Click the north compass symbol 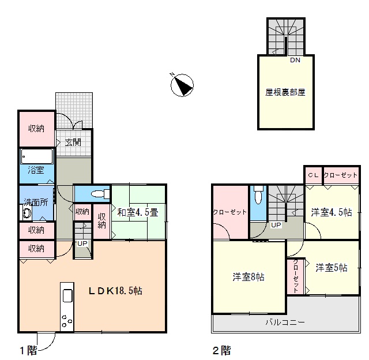click(x=182, y=85)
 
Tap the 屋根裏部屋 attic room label click(x=285, y=92)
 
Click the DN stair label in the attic click(x=295, y=60)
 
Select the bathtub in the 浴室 click(x=36, y=156)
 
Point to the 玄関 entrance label click(x=73, y=142)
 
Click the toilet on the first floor click(x=100, y=194)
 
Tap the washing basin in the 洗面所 click(x=27, y=213)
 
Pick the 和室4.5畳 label click(x=138, y=212)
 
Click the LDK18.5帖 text click(x=115, y=291)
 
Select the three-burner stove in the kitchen click(x=67, y=321)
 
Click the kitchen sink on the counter click(x=67, y=295)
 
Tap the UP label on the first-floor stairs click(x=82, y=243)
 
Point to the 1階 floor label click(x=28, y=351)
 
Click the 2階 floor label click(x=221, y=351)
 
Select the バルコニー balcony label click(x=285, y=322)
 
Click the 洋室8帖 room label click(x=248, y=277)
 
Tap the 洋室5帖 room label click(x=332, y=268)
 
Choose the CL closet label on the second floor click(x=313, y=175)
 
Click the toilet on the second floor click(x=258, y=195)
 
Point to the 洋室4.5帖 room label click(x=332, y=212)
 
